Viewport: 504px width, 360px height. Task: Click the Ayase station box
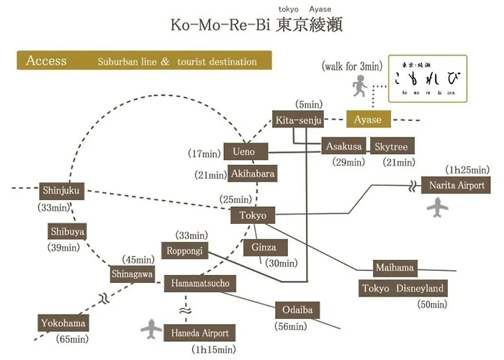pos(369,120)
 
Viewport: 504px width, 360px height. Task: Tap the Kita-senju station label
pos(299,120)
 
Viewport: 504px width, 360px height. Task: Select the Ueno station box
pos(245,152)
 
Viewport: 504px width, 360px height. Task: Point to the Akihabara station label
pos(252,174)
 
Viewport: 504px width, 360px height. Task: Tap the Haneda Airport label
pos(200,333)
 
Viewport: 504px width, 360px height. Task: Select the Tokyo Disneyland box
pos(403,289)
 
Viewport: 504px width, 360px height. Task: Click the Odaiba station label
pos(297,310)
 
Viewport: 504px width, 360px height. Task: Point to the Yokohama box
pos(64,323)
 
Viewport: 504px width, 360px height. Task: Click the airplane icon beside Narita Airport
pos(438,207)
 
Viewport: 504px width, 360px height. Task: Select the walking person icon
pos(358,87)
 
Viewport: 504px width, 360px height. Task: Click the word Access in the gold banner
pos(46,61)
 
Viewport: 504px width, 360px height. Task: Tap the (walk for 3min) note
pos(351,66)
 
